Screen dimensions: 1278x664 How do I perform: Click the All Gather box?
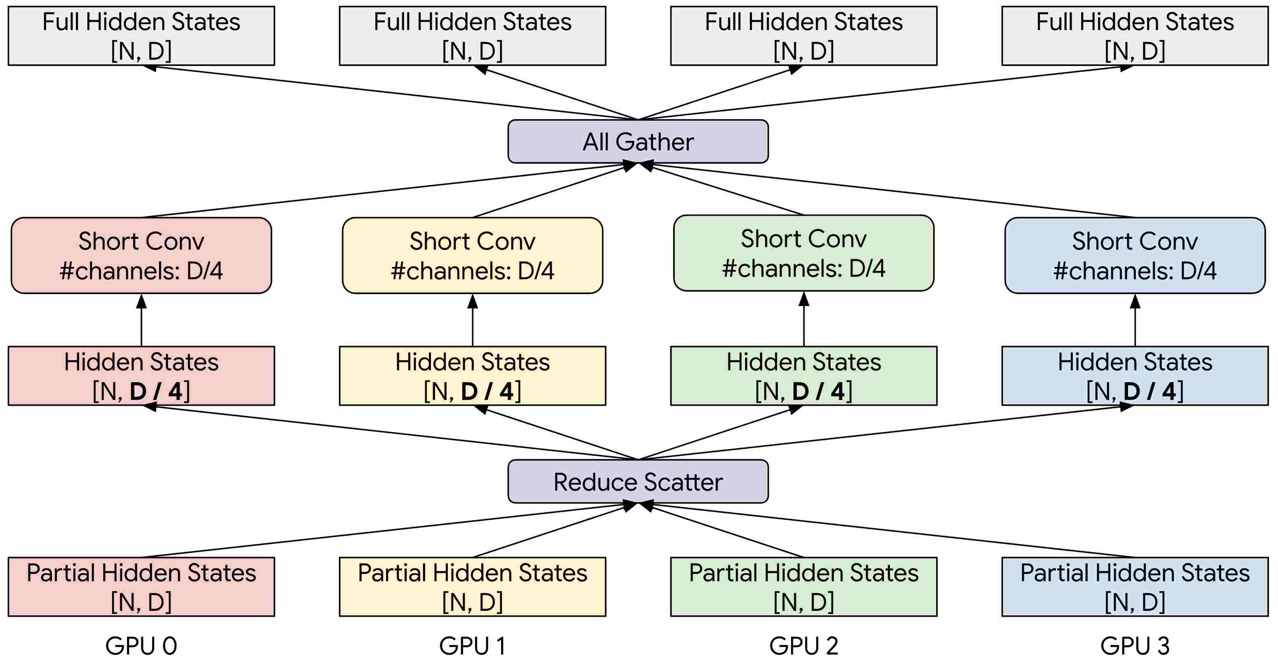click(638, 141)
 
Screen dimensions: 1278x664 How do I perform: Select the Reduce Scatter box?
click(638, 481)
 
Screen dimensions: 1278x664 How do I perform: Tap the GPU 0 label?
click(141, 645)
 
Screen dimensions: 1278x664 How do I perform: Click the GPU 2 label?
click(804, 645)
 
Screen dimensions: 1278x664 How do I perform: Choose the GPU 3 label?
click(1135, 645)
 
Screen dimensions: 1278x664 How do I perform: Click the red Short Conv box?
click(141, 255)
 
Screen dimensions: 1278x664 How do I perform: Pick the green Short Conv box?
click(804, 253)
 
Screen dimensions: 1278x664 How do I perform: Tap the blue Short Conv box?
click(1135, 255)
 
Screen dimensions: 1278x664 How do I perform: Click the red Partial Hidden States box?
click(141, 587)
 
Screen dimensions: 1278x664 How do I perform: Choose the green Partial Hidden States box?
click(804, 587)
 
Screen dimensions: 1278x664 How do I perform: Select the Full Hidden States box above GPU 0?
click(141, 36)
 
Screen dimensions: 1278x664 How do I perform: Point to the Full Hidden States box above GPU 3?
click(1135, 36)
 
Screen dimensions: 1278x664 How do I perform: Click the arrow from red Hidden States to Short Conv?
click(141, 320)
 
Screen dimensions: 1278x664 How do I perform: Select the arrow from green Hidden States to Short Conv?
click(804, 319)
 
